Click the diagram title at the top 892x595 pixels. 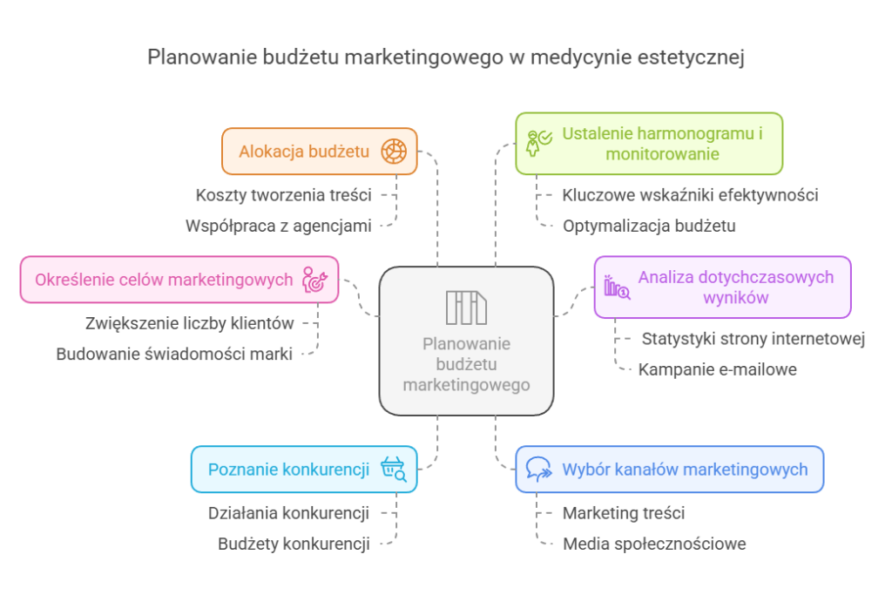[x=445, y=57]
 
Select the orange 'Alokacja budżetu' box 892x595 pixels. [x=319, y=152]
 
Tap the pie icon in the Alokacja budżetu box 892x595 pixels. [x=393, y=152]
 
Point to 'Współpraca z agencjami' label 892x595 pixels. [x=277, y=226]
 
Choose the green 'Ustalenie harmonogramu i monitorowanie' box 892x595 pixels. [x=649, y=144]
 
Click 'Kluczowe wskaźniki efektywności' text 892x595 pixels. [x=689, y=195]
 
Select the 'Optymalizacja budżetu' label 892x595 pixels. [x=649, y=226]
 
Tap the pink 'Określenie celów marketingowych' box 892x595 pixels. [x=179, y=280]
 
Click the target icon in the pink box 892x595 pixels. [x=314, y=280]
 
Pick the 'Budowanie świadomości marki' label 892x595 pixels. [x=174, y=354]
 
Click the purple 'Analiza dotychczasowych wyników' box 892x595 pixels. [x=722, y=287]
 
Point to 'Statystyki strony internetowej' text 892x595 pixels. [x=753, y=339]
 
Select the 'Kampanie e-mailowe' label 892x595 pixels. [x=717, y=369]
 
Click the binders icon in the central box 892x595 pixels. [x=466, y=307]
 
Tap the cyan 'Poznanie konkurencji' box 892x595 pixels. [x=303, y=470]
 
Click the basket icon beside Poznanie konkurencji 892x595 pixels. [x=393, y=470]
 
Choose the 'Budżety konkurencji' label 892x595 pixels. [x=294, y=544]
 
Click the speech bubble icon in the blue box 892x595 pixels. [x=539, y=470]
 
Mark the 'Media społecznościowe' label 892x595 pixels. [x=653, y=544]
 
